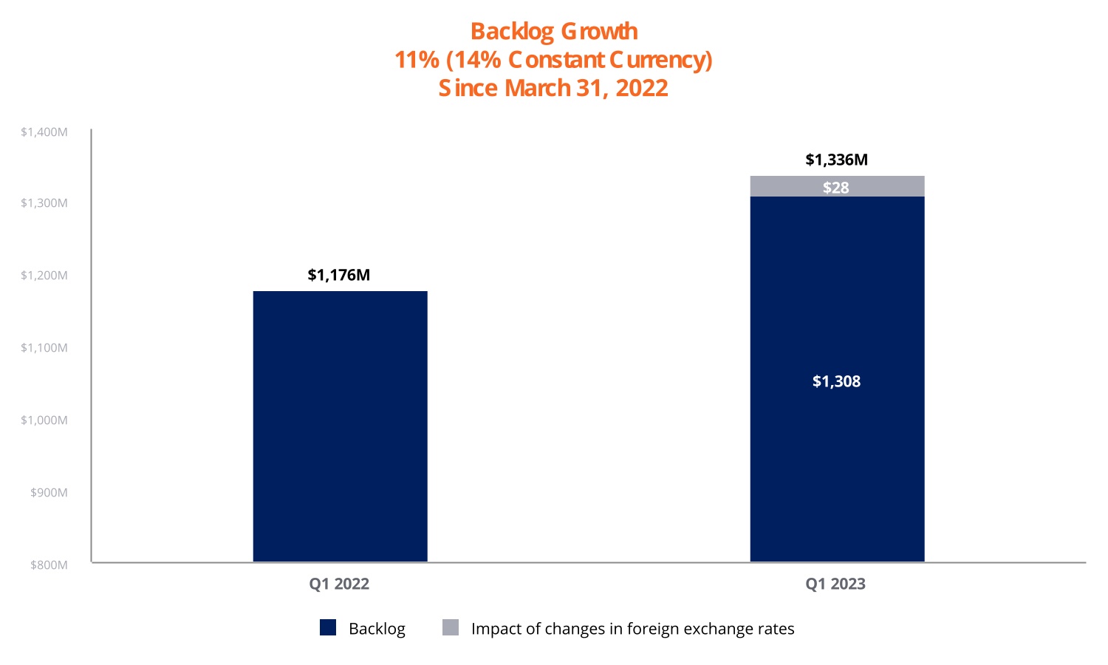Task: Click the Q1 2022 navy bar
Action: coord(340,426)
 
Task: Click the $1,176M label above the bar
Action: coord(339,275)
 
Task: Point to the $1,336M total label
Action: coord(836,160)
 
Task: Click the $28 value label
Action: coord(836,188)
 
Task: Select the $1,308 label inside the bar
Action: coord(836,381)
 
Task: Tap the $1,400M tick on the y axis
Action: coord(44,132)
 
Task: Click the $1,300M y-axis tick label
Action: coord(44,203)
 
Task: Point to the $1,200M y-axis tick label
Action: coord(44,276)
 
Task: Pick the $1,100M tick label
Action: coord(44,348)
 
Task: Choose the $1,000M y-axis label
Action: coord(44,420)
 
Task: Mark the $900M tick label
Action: coord(49,493)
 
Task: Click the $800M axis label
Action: coord(49,565)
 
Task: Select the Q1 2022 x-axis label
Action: coord(339,584)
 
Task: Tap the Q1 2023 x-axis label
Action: coord(835,584)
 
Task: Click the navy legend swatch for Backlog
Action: coord(328,628)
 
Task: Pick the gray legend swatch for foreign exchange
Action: coord(451,628)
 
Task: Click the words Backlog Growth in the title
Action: coord(554,32)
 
